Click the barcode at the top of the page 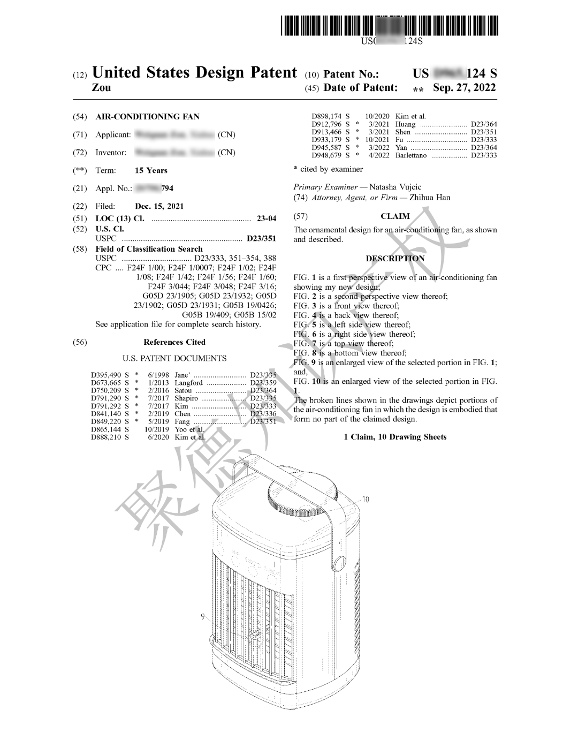point(389,26)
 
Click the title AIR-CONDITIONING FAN point(147,117)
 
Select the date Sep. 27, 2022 point(464,88)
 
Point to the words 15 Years point(151,170)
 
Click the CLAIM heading point(395,216)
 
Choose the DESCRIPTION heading point(395,258)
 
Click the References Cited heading point(174,342)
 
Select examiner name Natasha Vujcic point(395,187)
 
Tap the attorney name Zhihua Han point(430,197)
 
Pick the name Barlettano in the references point(411,155)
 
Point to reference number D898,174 point(326,117)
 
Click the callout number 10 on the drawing point(366,500)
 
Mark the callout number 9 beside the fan point(203,617)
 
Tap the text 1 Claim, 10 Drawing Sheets point(395,437)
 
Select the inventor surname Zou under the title point(101,88)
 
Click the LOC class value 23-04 point(267,218)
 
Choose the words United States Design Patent point(194,72)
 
